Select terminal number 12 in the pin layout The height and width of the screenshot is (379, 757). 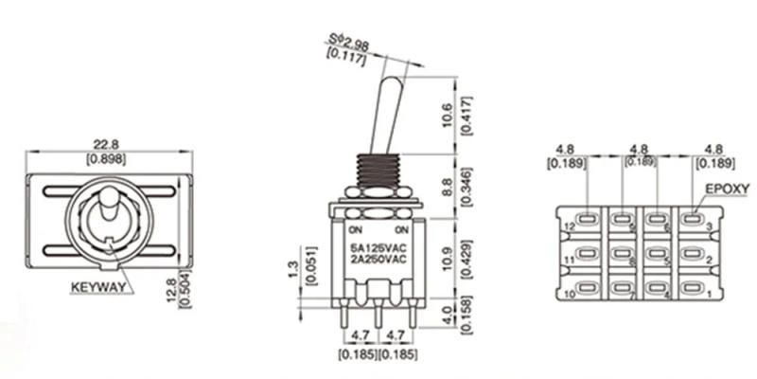point(571,227)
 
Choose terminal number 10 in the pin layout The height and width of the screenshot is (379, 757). point(571,296)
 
